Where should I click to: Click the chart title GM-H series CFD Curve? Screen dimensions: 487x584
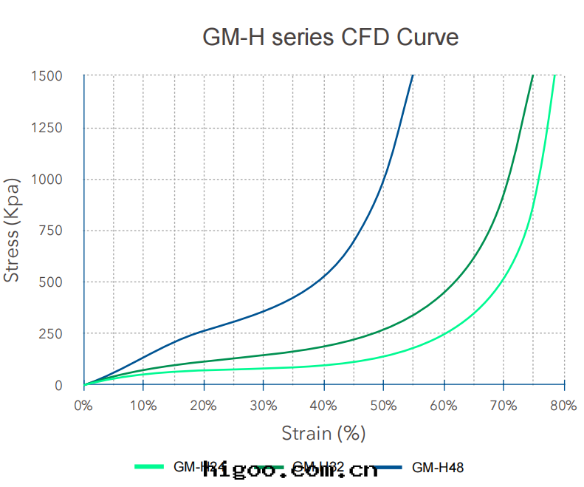[330, 37]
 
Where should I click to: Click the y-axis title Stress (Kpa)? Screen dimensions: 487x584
[12, 231]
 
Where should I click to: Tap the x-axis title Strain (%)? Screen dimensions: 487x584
[323, 433]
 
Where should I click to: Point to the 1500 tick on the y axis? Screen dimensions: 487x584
[47, 76]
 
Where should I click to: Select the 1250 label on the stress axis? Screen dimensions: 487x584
[47, 128]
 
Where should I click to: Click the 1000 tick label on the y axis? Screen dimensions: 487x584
[47, 180]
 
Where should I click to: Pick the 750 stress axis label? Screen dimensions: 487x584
[50, 231]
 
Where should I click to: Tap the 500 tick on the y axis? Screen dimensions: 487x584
[50, 282]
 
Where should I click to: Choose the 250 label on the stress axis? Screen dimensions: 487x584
[50, 334]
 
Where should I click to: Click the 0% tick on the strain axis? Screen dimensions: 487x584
[83, 405]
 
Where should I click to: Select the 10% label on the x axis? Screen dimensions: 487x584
[143, 405]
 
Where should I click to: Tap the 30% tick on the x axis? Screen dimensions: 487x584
[264, 405]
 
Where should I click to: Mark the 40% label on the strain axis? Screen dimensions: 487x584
[323, 405]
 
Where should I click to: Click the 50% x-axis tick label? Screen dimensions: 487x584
[383, 405]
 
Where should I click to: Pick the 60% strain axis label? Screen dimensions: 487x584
[444, 405]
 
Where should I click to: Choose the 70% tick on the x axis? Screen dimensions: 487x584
[504, 405]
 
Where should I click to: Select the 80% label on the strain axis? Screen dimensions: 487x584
[563, 405]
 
